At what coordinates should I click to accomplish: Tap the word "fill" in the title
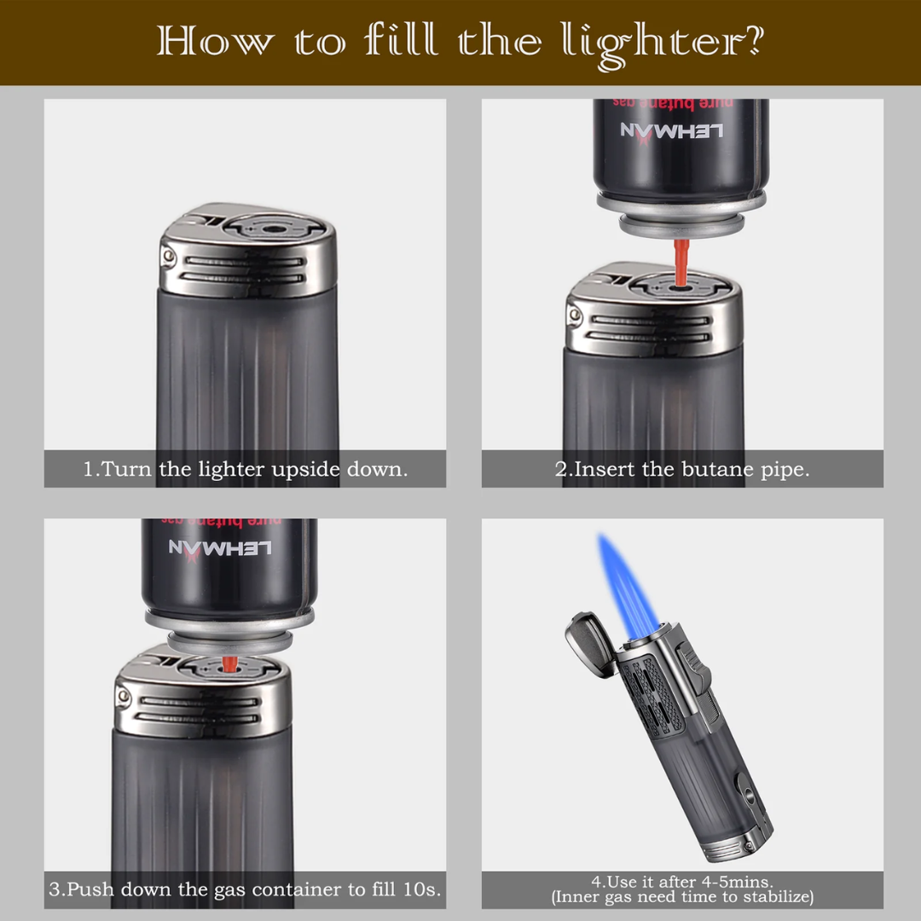[x=401, y=40]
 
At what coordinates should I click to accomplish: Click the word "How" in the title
[x=215, y=41]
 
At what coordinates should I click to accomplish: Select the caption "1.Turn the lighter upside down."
[x=245, y=469]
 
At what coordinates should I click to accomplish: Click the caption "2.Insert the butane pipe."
[x=682, y=469]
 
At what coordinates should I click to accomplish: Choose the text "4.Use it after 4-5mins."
[x=682, y=882]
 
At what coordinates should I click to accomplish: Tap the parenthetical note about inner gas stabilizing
[x=682, y=897]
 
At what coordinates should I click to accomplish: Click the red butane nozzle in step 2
[x=681, y=263]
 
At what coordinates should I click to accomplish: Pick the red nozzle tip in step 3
[x=229, y=664]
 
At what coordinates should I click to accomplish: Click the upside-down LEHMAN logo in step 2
[x=671, y=131]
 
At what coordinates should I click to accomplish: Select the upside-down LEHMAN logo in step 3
[x=220, y=549]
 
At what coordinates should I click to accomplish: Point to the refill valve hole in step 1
[x=272, y=229]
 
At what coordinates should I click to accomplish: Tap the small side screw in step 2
[x=575, y=316]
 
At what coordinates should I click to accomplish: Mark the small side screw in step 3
[x=124, y=696]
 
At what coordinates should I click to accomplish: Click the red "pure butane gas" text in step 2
[x=673, y=103]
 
